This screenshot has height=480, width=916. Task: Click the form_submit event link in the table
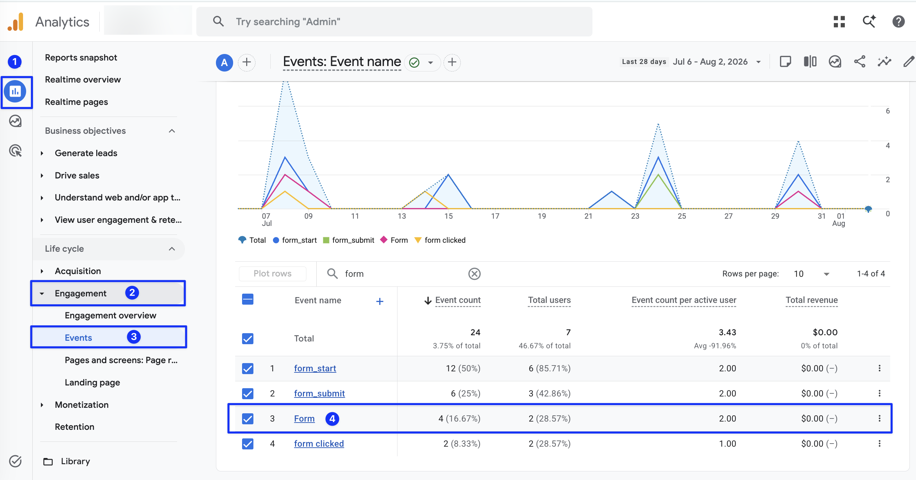tap(319, 393)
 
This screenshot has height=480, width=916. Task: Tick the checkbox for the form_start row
tap(248, 368)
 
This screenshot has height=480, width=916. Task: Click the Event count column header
tap(458, 300)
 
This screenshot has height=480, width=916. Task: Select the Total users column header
tap(549, 300)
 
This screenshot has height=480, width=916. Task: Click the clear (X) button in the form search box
tap(475, 274)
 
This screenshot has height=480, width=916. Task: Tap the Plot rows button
tap(272, 273)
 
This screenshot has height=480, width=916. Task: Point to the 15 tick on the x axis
tap(448, 216)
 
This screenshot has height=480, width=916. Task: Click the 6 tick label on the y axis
tap(887, 111)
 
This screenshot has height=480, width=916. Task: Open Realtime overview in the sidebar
tap(83, 79)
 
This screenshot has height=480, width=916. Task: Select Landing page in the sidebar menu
tap(92, 382)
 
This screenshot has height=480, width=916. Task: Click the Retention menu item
tap(74, 427)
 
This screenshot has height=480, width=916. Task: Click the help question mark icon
tap(898, 22)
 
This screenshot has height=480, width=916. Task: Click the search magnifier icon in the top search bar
tap(218, 21)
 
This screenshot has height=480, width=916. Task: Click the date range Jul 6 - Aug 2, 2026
tap(710, 62)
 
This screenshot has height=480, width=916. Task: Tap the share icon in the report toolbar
tap(860, 62)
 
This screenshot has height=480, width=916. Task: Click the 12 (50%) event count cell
tap(463, 368)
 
